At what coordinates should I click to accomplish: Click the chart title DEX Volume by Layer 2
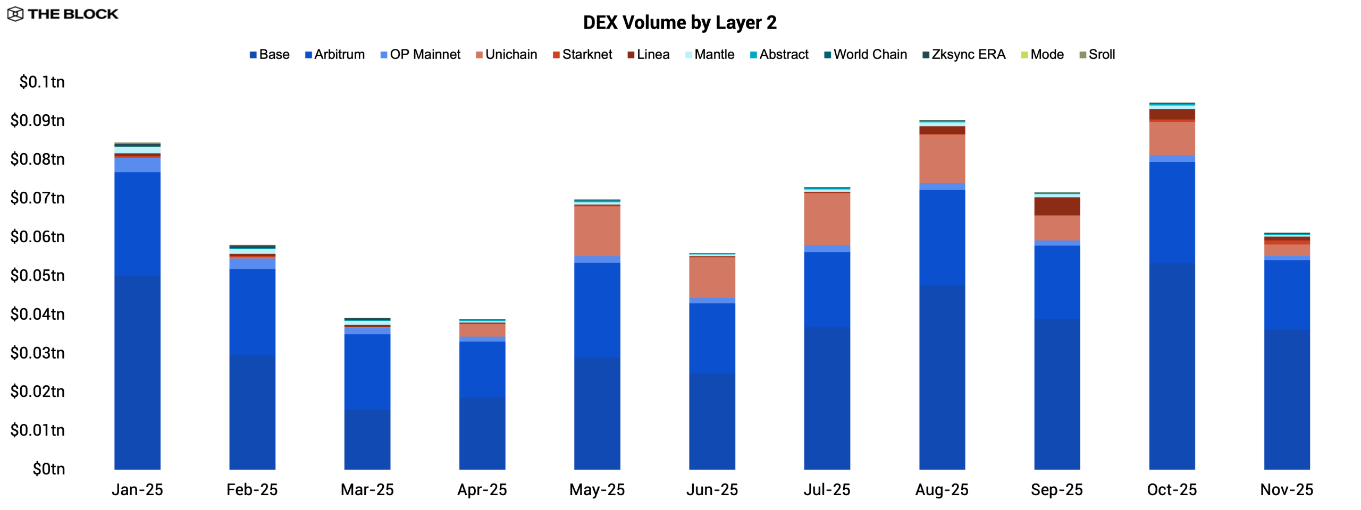679,23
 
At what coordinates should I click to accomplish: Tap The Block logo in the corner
63,14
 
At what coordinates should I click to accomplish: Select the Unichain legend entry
506,55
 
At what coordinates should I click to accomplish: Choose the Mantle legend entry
710,55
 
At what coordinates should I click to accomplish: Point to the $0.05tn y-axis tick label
38,275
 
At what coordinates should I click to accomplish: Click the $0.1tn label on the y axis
42,82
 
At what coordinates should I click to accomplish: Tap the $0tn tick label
49,469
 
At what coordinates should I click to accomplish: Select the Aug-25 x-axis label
942,489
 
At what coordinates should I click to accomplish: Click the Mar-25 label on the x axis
367,489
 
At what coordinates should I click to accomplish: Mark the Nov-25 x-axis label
1287,489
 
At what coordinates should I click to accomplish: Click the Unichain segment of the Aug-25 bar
942,158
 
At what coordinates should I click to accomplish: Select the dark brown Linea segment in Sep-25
1057,206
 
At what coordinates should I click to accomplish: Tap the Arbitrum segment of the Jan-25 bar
137,224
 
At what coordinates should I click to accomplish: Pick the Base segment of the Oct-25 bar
1172,367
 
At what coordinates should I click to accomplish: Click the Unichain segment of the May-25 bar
597,231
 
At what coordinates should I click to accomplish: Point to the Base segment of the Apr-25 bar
482,433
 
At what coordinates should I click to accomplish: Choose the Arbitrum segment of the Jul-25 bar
827,289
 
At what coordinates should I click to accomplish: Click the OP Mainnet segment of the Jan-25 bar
137,165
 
